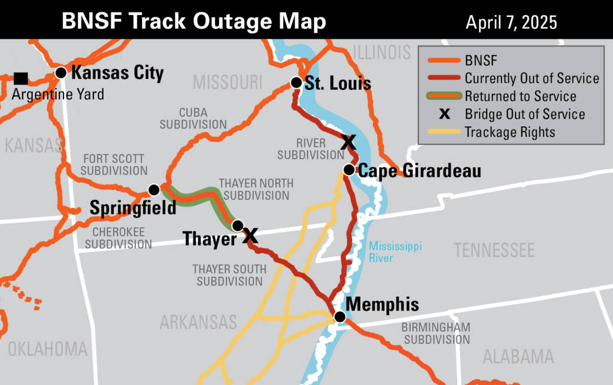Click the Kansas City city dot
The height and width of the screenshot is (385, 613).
60,73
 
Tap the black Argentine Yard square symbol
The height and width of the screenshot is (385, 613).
21,78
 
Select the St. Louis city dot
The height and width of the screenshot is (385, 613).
296,83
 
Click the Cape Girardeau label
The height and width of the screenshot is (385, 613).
419,171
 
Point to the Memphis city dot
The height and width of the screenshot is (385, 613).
339,317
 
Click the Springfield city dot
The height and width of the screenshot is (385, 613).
154,190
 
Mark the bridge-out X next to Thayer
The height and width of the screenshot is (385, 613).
250,235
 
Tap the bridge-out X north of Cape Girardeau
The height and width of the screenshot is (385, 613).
348,142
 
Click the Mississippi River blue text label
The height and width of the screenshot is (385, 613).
387,251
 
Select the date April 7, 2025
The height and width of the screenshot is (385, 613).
511,23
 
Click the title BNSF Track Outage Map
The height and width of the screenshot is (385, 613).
194,22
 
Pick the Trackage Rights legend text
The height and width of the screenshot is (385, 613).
510,132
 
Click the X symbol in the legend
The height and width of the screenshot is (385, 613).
444,114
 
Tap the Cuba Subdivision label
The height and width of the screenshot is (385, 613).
193,119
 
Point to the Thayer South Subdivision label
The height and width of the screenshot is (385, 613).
229,275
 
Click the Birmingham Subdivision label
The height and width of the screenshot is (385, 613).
435,334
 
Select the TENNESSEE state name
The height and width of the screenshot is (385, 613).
494,250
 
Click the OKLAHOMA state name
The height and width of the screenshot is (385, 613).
47,348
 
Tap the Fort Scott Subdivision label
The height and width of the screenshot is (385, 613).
114,165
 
